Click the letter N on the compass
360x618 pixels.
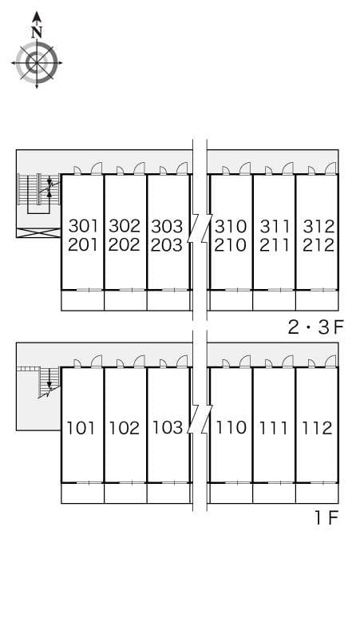36,33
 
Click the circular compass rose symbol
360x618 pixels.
36,61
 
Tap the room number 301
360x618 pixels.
82,225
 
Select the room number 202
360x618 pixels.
125,245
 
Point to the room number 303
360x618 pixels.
167,225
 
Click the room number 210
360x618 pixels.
231,245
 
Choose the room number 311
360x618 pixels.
275,225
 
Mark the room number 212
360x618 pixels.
318,245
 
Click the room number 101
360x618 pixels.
81,428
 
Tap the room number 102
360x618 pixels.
124,428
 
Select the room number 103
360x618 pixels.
167,428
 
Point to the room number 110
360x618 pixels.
231,428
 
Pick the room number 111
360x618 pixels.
275,428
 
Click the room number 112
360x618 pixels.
317,428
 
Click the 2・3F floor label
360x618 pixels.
315,327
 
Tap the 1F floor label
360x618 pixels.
326,518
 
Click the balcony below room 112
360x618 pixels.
317,493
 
